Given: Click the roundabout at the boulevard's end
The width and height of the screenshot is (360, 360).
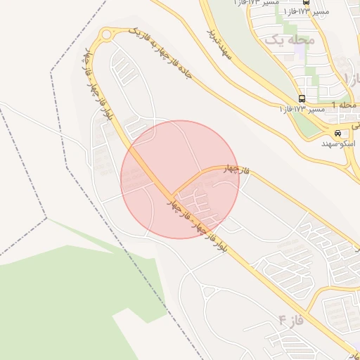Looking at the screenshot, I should click(107, 34).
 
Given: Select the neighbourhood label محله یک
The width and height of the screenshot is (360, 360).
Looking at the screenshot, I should click(288, 39).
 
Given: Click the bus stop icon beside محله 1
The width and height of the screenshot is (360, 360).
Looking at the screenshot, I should click(302, 98).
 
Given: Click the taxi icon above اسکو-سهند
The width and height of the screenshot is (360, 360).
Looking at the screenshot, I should click(338, 133).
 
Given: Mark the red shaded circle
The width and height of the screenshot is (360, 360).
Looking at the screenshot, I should click(180, 179).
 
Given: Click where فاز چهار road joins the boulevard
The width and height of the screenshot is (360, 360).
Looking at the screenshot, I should click(173, 195).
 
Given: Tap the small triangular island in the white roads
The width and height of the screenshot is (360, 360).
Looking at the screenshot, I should click(208, 292).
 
